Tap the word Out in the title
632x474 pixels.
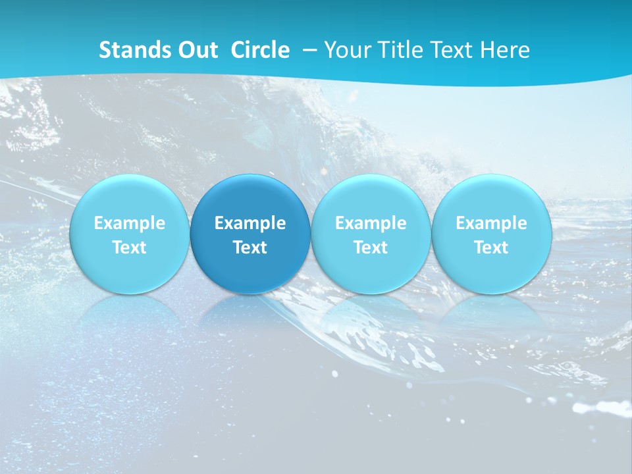pyautogui.click(x=197, y=50)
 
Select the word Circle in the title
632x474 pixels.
pyautogui.click(x=260, y=50)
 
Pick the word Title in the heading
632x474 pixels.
pyautogui.click(x=398, y=50)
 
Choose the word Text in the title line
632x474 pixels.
pyautogui.click(x=450, y=50)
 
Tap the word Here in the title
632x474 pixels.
pyautogui.click(x=504, y=50)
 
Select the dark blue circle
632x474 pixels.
pyautogui.click(x=250, y=197)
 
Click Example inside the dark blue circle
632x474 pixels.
pyautogui.click(x=250, y=223)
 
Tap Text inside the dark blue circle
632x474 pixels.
pyautogui.click(x=250, y=248)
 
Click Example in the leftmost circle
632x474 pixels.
pyautogui.click(x=129, y=223)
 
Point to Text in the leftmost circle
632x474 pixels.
pyautogui.click(x=129, y=248)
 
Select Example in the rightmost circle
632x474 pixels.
pyautogui.click(x=491, y=223)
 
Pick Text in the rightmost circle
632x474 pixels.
pyautogui.click(x=491, y=248)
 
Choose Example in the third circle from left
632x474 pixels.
pyautogui.click(x=371, y=223)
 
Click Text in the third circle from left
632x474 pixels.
pyautogui.click(x=371, y=248)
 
